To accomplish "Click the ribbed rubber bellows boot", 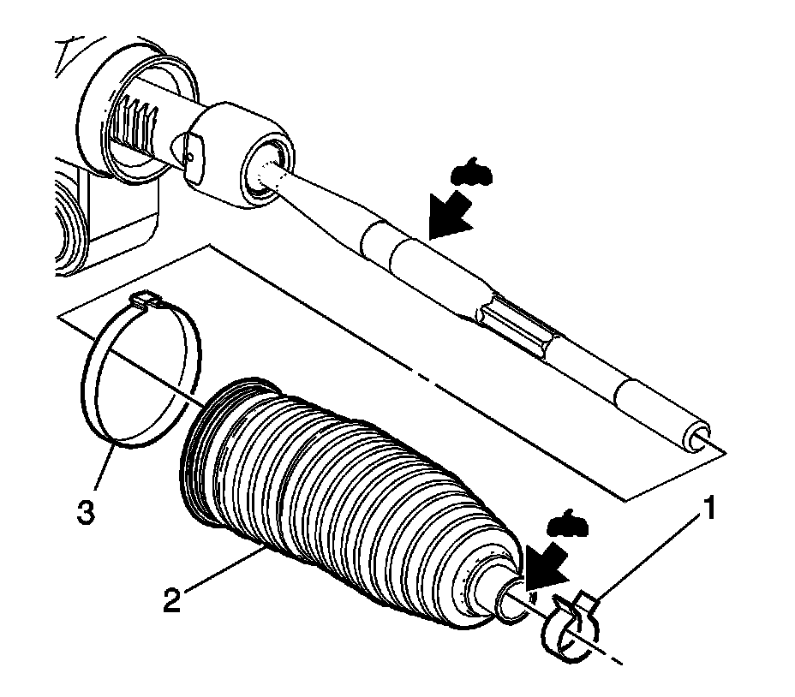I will coord(343,497).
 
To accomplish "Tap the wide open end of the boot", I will coord(206,454).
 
